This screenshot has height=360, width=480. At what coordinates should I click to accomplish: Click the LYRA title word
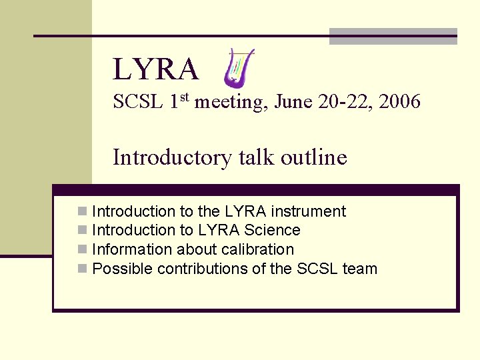click(155, 69)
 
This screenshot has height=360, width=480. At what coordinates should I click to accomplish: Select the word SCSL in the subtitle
click(138, 102)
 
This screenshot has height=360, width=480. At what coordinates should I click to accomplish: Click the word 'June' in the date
click(294, 102)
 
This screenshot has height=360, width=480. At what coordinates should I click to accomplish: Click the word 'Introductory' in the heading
click(171, 158)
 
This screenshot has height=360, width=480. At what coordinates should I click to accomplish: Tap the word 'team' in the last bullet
click(360, 269)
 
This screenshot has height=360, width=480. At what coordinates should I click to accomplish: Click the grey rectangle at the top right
click(393, 37)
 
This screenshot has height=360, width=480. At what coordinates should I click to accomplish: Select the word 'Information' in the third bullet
click(125, 250)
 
